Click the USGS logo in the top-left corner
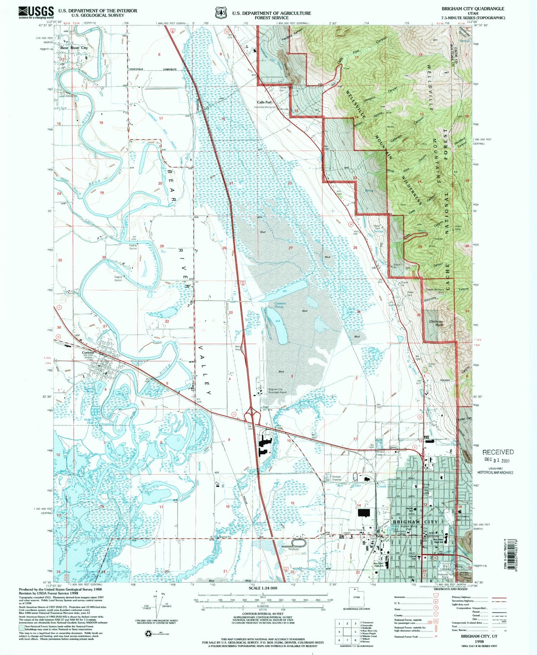point(36,13)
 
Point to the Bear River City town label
point(74,48)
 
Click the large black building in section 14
point(363,513)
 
